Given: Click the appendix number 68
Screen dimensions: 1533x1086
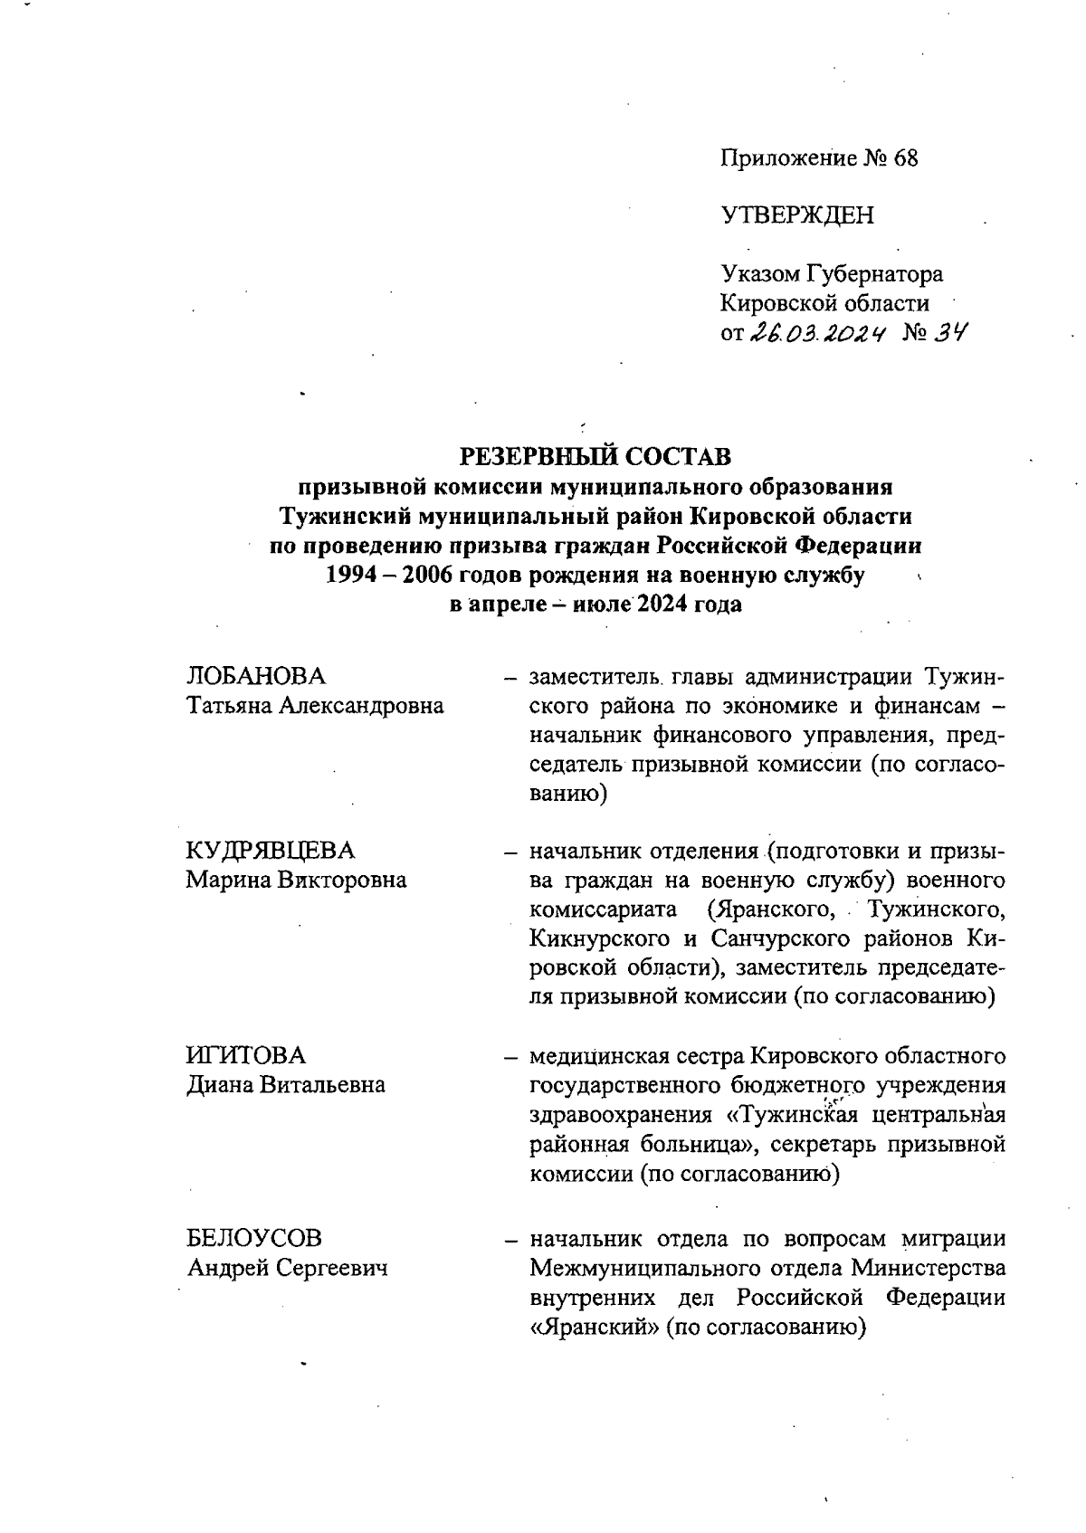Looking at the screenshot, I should point(905,158).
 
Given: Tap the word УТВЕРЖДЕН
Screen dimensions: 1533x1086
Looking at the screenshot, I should point(797,215).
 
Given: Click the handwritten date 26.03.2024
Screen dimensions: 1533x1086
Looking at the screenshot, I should point(816,333).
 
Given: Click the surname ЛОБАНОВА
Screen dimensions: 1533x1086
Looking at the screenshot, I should point(256,676).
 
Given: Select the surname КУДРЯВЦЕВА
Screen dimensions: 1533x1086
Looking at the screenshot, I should point(271,851).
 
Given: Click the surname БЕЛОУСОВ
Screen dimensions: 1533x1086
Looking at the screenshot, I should point(254,1237).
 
